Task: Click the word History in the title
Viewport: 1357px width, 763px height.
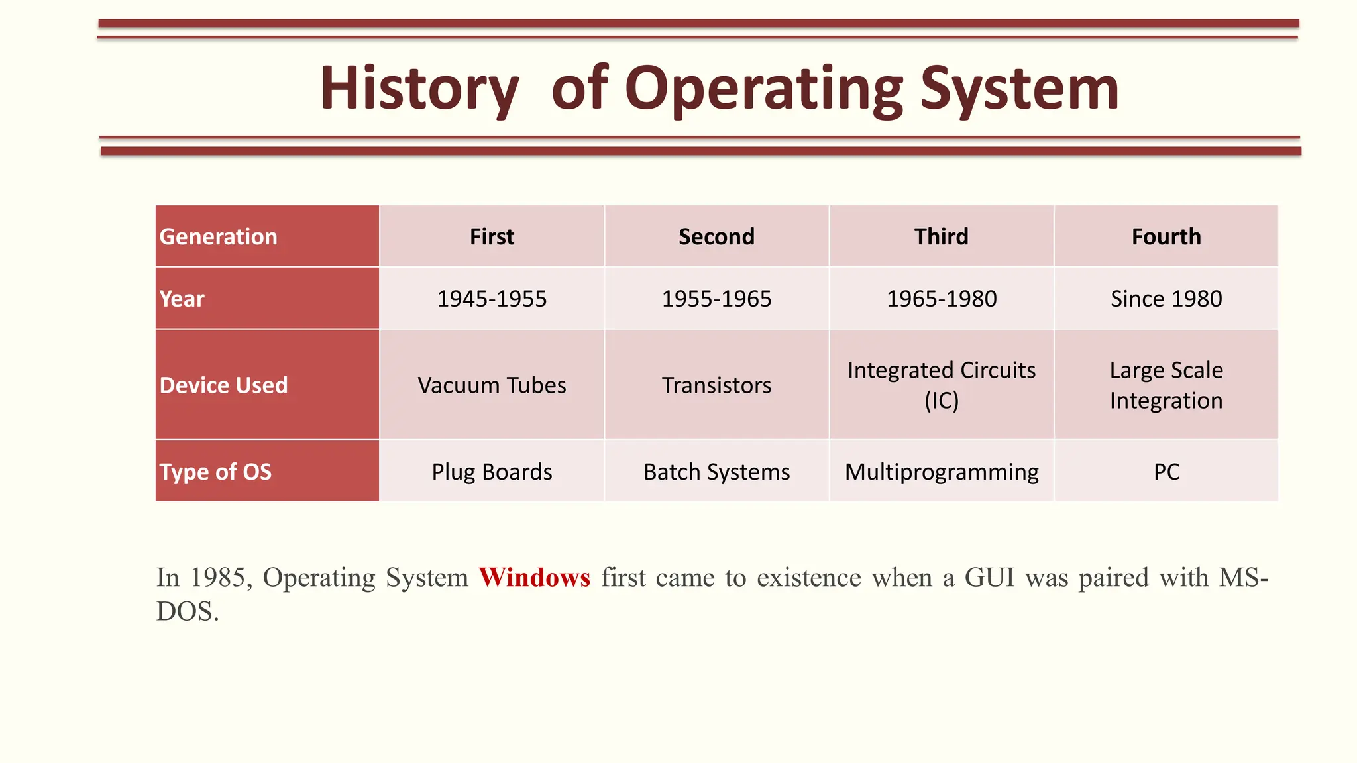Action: (x=419, y=89)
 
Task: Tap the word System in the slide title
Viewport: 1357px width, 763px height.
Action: (x=1019, y=89)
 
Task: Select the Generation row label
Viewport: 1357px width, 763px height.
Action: (x=219, y=236)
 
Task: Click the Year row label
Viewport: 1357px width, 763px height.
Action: (x=182, y=299)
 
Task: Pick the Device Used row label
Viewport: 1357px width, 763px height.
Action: (x=223, y=385)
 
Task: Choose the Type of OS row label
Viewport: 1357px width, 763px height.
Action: (x=215, y=472)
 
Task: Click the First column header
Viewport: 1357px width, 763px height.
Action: (x=492, y=236)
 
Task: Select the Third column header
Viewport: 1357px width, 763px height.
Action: (x=941, y=236)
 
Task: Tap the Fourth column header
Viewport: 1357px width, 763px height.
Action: (x=1166, y=236)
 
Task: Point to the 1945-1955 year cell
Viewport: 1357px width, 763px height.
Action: (x=492, y=299)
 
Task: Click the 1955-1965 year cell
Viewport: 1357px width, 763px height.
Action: (x=716, y=299)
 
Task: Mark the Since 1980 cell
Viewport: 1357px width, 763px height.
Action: (x=1166, y=299)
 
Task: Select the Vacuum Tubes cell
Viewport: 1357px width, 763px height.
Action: (x=492, y=385)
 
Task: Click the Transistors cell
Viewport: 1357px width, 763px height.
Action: (x=716, y=385)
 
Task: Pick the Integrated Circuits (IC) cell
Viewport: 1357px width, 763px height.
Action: (x=941, y=385)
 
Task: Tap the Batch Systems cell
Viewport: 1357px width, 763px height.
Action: (x=716, y=472)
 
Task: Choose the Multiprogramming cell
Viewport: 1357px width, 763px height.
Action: (x=941, y=472)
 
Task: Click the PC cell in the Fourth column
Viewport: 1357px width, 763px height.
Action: (x=1166, y=472)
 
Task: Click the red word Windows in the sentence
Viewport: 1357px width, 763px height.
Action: (x=534, y=578)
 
